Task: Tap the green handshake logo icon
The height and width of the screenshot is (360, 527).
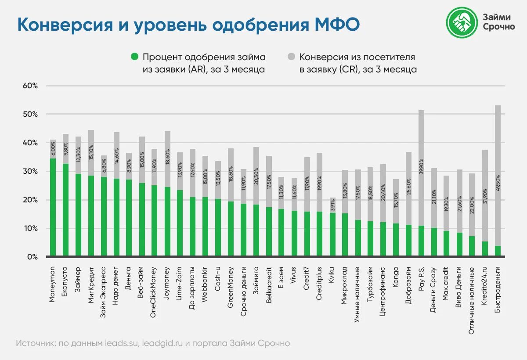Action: click(462, 22)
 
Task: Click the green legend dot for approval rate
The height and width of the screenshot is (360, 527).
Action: click(134, 57)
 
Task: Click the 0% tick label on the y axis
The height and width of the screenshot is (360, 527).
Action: click(32, 257)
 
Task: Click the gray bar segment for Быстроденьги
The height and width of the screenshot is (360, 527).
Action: click(498, 176)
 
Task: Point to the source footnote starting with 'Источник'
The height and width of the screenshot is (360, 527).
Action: click(153, 343)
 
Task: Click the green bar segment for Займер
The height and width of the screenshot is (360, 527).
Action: click(78, 215)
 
